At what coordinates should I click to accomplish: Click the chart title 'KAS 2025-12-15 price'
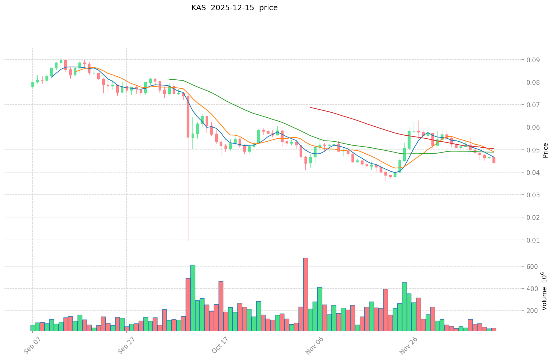234,8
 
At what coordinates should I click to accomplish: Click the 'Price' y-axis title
545,150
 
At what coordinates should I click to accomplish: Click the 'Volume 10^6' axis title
544,291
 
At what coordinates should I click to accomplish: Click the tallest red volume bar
305,295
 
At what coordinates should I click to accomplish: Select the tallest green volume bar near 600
193,298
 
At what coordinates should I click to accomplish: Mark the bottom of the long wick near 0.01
188,240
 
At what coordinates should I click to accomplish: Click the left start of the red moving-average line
310,107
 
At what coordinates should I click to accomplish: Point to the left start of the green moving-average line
169,79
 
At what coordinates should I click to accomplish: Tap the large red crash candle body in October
188,117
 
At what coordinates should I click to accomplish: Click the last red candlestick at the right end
494,160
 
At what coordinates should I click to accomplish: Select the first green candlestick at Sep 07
33,84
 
